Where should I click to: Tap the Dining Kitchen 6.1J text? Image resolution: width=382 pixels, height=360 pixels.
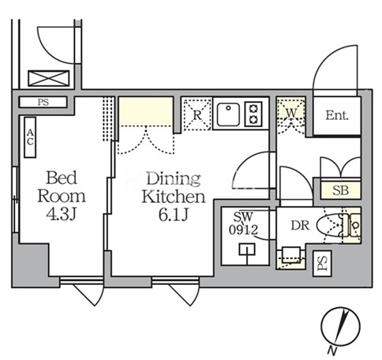tap(173, 195)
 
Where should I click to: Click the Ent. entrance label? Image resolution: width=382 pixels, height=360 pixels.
tap(337, 115)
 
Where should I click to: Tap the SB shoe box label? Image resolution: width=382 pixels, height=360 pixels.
tap(339, 190)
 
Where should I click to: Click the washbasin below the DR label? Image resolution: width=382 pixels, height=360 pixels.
tap(291, 254)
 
